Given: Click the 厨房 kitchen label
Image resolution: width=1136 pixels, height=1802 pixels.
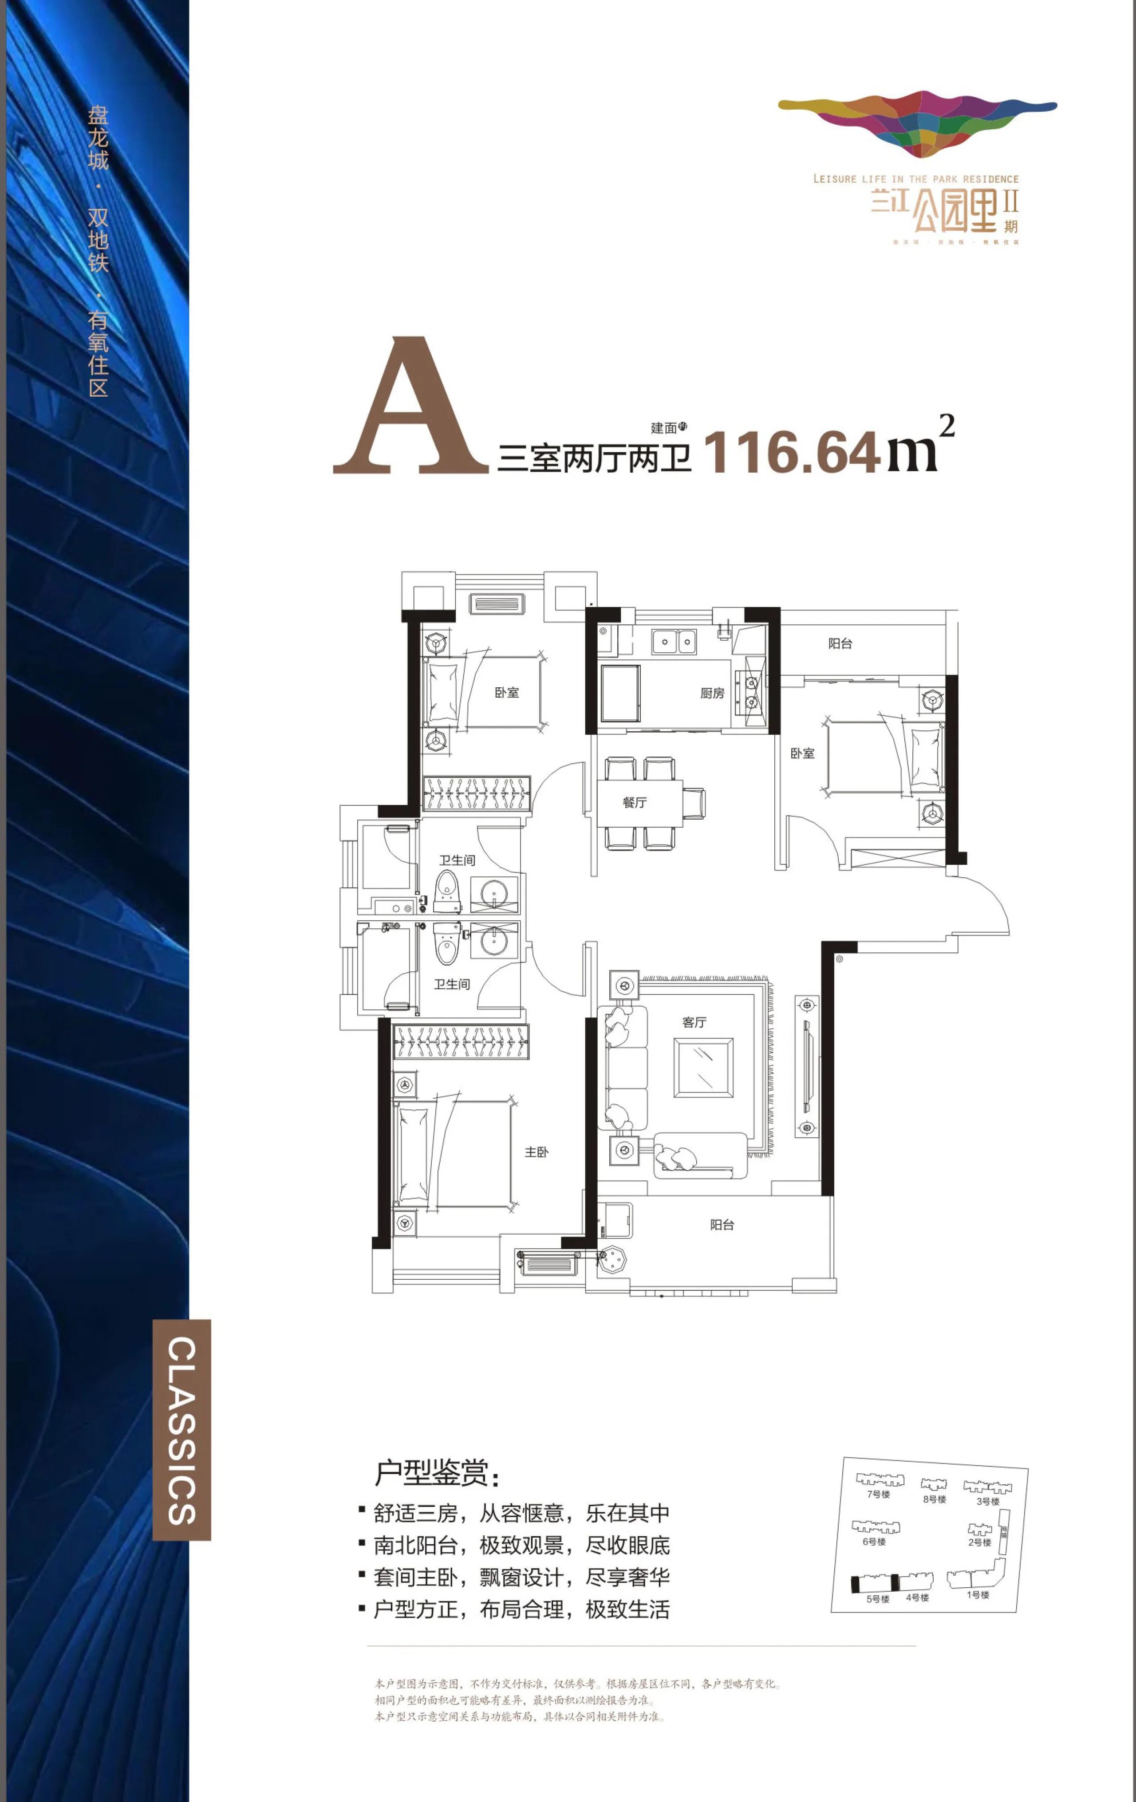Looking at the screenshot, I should [712, 693].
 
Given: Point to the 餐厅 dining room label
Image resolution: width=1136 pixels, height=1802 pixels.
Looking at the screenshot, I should [634, 802].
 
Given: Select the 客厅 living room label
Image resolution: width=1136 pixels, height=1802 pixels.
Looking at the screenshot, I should [694, 1021].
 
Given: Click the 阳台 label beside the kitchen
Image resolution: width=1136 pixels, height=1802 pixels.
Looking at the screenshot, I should [840, 643].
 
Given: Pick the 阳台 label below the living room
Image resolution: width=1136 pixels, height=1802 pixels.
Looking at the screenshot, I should [722, 1224].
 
